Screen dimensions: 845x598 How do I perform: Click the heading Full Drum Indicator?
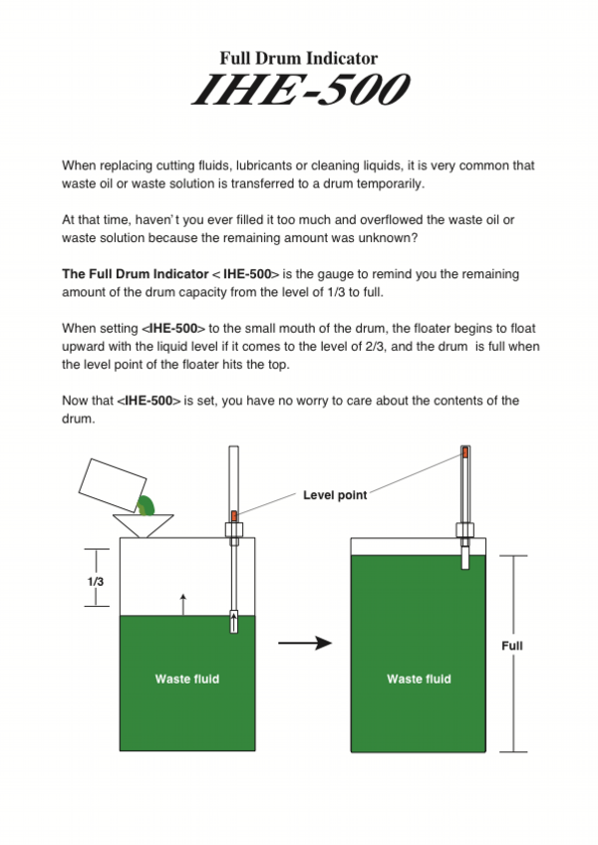click(x=299, y=59)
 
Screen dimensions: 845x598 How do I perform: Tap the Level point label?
click(x=334, y=494)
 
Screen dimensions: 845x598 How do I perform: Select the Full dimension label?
click(x=511, y=646)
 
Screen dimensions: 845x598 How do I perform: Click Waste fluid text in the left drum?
click(x=186, y=679)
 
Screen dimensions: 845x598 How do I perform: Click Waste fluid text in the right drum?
click(x=419, y=679)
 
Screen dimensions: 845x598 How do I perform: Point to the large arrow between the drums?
click(x=304, y=644)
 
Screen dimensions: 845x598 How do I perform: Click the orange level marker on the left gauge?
click(x=234, y=515)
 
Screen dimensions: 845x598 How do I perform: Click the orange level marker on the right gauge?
click(x=464, y=452)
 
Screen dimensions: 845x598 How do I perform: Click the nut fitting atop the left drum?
click(x=234, y=529)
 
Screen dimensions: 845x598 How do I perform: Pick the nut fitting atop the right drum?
click(x=464, y=529)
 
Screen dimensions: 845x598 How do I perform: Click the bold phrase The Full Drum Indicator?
click(x=133, y=273)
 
